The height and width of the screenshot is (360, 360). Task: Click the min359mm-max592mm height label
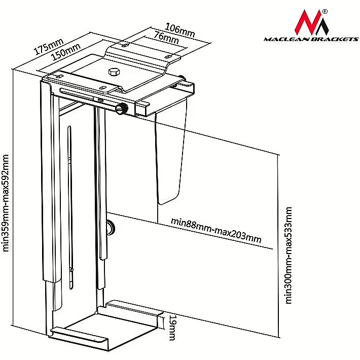(x=7, y=202)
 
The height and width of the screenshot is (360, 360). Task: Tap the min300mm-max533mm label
(x=289, y=255)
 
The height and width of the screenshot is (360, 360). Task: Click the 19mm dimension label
(x=172, y=328)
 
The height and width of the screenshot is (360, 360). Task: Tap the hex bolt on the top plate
(x=114, y=71)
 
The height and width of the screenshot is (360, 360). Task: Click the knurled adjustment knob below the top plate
(x=122, y=109)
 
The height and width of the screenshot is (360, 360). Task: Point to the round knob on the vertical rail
(x=111, y=227)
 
